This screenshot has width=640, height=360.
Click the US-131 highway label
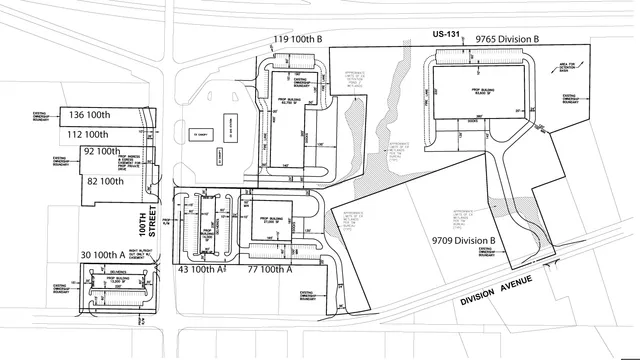click(445, 36)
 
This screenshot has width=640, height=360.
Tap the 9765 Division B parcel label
click(509, 38)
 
